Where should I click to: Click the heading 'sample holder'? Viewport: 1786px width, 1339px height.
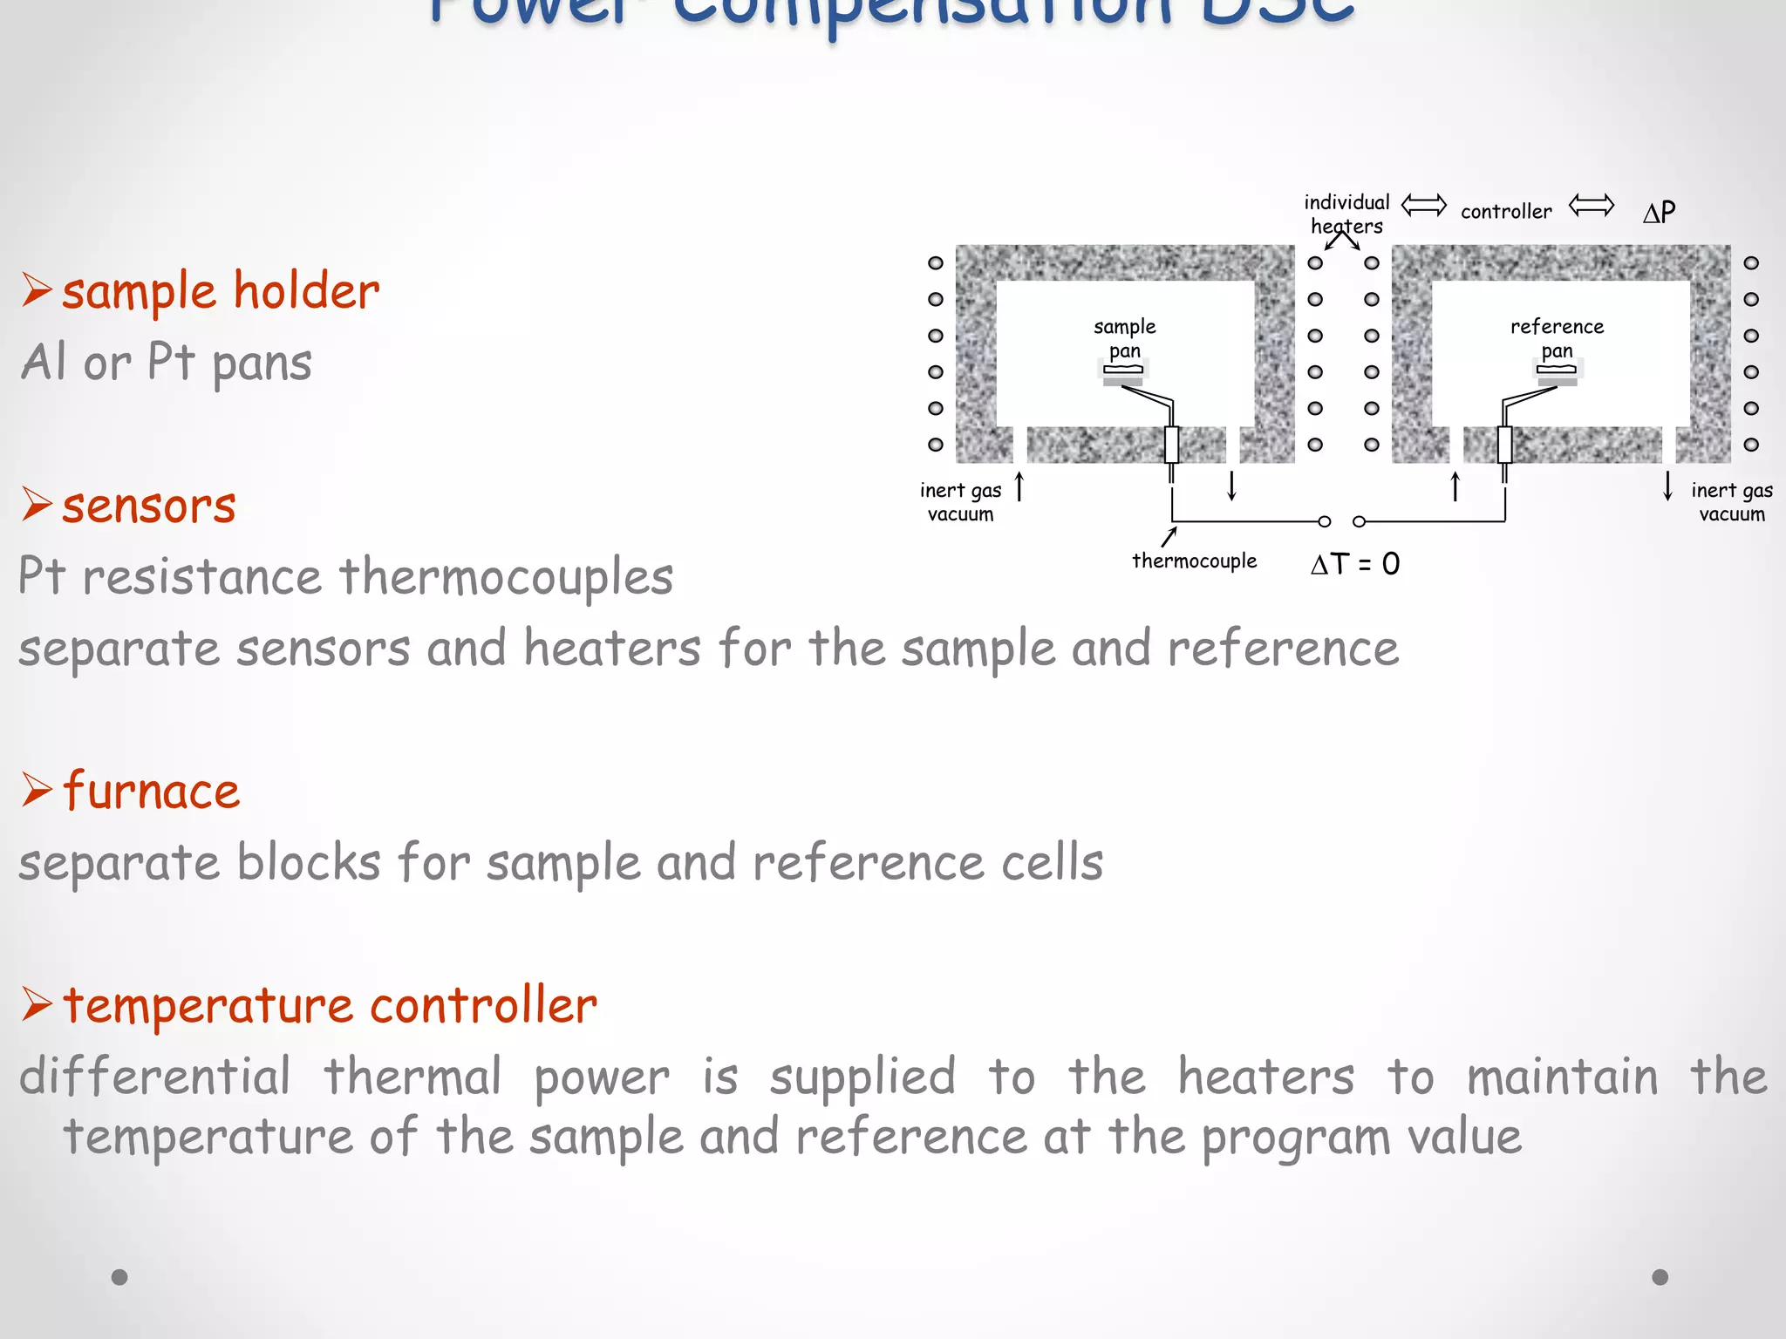(x=220, y=291)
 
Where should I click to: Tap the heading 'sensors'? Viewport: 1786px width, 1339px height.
(x=148, y=506)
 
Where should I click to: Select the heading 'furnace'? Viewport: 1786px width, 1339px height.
(x=151, y=791)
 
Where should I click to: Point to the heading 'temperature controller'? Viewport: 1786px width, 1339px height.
(x=330, y=1005)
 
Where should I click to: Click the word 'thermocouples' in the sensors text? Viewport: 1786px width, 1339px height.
(x=506, y=577)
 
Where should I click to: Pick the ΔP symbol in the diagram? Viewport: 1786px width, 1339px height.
(x=1659, y=212)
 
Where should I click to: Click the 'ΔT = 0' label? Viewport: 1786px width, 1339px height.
(x=1354, y=564)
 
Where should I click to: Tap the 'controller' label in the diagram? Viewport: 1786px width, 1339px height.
(x=1506, y=212)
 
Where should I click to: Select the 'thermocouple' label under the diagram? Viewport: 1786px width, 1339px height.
(x=1194, y=561)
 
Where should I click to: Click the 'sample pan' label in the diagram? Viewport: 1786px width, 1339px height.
(x=1124, y=338)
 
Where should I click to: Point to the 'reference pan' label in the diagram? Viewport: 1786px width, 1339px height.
(x=1557, y=338)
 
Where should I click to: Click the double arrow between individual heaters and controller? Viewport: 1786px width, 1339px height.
(x=1423, y=206)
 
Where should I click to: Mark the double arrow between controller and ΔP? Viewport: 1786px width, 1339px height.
(x=1591, y=206)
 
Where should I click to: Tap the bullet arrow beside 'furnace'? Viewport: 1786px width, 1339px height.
(x=37, y=790)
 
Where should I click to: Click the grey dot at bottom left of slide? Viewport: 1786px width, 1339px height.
(x=119, y=1277)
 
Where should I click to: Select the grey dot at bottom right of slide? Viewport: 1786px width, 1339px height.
(x=1660, y=1277)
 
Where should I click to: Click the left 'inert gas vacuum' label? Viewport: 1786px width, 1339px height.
(x=960, y=502)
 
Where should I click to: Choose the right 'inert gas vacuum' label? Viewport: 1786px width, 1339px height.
(x=1732, y=502)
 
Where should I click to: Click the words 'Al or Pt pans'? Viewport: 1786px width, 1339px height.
(x=167, y=363)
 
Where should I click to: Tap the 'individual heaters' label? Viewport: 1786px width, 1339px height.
(x=1346, y=214)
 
